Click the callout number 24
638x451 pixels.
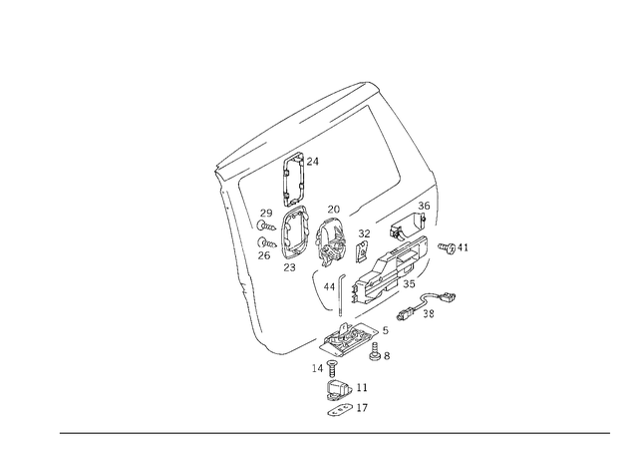[x=312, y=162]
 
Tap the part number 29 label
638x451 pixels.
[x=266, y=214]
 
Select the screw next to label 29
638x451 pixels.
[x=266, y=225]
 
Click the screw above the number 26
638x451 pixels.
[x=267, y=243]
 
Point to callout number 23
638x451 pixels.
[x=289, y=267]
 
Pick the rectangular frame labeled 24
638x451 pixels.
[x=292, y=179]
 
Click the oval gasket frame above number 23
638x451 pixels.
[x=295, y=232]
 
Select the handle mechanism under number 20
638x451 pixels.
[x=332, y=241]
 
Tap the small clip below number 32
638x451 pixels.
[x=362, y=252]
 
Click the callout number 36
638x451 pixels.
[x=424, y=206]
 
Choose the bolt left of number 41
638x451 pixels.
[x=447, y=247]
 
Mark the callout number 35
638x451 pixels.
[x=409, y=284]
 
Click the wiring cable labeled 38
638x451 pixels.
[x=426, y=304]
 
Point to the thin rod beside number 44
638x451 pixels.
[x=341, y=295]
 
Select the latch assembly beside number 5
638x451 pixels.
[x=349, y=339]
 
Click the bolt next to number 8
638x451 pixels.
[x=375, y=351]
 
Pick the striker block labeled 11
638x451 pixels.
[x=339, y=389]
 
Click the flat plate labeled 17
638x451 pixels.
[x=340, y=410]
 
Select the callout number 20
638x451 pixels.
[x=334, y=210]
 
